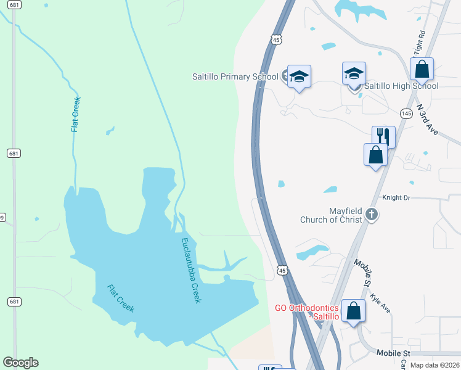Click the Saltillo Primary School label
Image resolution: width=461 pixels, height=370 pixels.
click(235, 77)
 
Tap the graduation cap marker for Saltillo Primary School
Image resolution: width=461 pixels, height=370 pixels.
click(299, 76)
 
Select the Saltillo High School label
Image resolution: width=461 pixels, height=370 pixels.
click(401, 86)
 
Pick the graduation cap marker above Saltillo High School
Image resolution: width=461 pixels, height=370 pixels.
click(354, 73)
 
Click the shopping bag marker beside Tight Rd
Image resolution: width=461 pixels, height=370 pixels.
click(422, 69)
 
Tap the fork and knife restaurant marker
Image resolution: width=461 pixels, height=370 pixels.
click(383, 136)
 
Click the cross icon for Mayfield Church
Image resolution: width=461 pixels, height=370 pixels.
click(371, 215)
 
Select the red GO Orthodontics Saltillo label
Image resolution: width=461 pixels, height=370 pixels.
click(307, 312)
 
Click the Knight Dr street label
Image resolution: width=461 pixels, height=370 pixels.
click(396, 198)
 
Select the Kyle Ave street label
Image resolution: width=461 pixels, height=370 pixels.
click(380, 302)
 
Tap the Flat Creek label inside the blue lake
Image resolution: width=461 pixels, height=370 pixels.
click(121, 298)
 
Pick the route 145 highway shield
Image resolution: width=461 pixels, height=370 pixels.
click(406, 113)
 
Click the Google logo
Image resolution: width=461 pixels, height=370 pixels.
click(21, 363)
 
